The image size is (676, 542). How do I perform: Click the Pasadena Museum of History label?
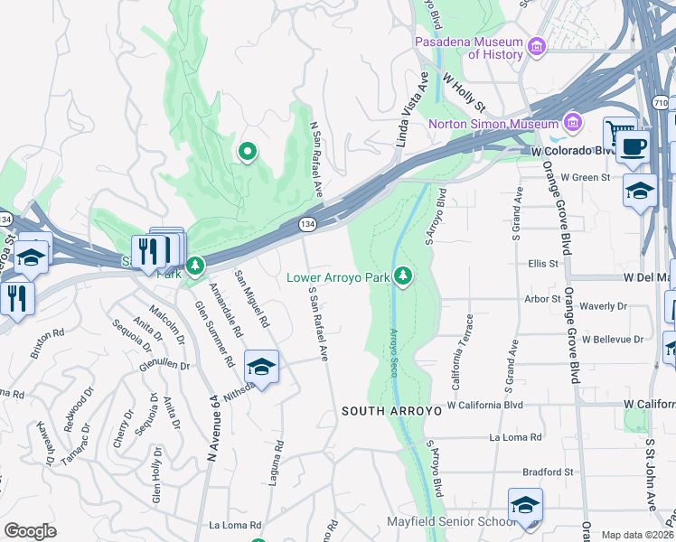click(468, 49)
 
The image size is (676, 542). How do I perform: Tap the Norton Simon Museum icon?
click(571, 123)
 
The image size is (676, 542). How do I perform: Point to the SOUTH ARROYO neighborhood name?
click(390, 411)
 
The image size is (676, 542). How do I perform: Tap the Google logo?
click(30, 531)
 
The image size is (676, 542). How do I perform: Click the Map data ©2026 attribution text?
click(637, 535)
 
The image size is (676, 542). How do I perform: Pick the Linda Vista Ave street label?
click(409, 108)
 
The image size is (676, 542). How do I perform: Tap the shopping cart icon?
click(619, 133)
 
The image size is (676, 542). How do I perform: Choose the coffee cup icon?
click(634, 146)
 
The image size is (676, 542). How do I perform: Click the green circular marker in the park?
click(246, 152)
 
